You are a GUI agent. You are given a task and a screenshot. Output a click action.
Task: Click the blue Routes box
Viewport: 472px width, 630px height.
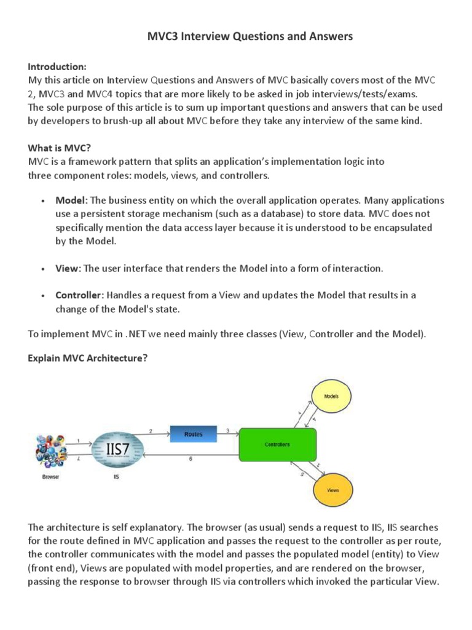pos(194,434)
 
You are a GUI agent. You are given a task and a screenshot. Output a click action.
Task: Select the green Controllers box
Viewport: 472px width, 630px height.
pos(277,445)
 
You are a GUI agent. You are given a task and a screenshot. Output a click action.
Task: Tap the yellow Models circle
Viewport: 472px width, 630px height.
pos(331,397)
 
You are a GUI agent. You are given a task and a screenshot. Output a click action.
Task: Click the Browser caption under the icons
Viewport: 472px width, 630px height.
pos(50,477)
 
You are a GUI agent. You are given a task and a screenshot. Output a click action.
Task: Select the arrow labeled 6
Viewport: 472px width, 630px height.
pos(191,455)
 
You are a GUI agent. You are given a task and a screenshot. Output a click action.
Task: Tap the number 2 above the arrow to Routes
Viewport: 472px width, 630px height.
pos(151,430)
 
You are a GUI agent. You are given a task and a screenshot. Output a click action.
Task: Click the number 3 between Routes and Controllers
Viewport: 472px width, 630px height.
pos(228,431)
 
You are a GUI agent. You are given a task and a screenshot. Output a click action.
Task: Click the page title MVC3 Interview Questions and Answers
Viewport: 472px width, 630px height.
pos(251,37)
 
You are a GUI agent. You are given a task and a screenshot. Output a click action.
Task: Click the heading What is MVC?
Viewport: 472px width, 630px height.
pos(60,148)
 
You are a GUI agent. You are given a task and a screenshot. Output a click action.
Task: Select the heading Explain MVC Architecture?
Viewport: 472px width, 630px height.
pos(88,358)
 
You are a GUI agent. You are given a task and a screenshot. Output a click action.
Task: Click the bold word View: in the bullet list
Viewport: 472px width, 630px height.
pos(68,269)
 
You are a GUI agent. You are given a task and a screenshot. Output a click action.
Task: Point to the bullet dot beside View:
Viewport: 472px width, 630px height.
pos(42,269)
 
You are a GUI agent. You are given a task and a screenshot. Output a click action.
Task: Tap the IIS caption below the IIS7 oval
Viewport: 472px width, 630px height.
pos(116,477)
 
